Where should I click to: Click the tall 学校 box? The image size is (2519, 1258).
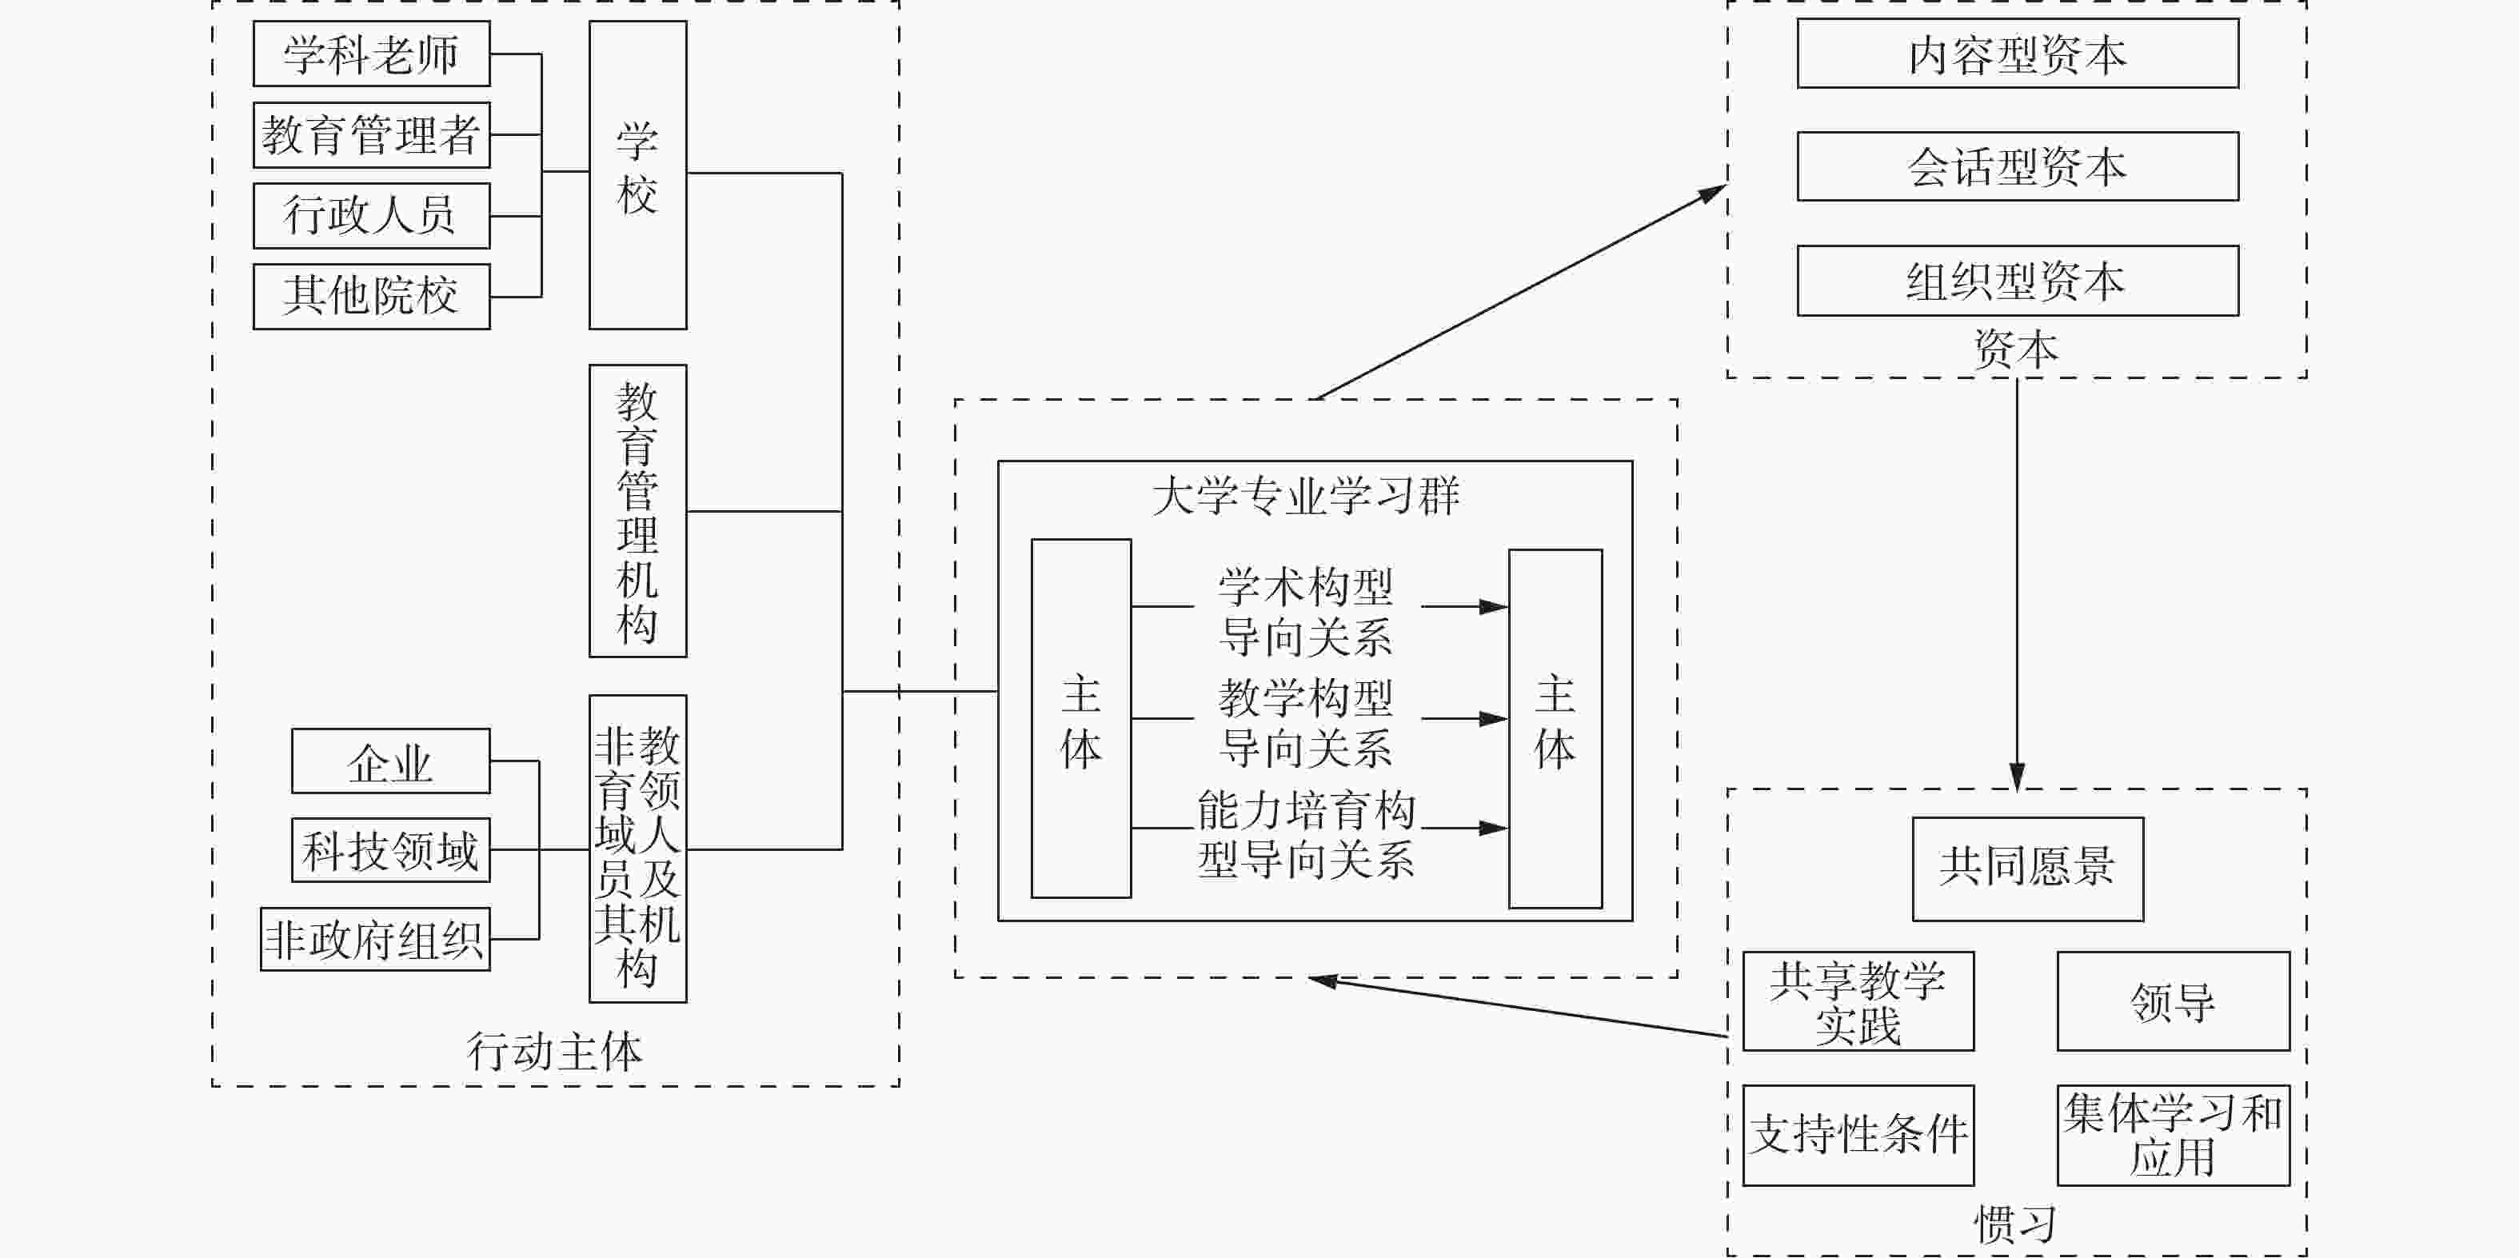tap(637, 174)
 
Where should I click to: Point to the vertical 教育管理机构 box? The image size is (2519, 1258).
tap(637, 510)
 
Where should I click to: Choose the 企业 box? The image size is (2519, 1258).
tap(390, 761)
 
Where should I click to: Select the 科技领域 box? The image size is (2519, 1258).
tap(390, 850)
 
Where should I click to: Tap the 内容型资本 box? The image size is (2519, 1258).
tap(2018, 54)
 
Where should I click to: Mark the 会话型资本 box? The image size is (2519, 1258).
tap(2018, 166)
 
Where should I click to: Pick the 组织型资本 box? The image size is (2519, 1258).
tap(2018, 281)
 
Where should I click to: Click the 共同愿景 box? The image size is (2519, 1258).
tap(2027, 869)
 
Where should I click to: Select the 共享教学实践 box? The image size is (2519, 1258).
tap(1858, 1000)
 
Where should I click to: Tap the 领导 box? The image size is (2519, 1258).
tap(2173, 1000)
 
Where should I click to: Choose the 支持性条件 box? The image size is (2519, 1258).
tap(1858, 1135)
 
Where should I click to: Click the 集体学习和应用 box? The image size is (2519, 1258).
tap(2173, 1135)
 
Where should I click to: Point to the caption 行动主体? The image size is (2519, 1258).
tap(554, 1052)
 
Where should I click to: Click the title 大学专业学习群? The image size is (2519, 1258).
tap(1305, 495)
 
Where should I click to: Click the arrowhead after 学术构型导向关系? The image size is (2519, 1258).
tap(1493, 606)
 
